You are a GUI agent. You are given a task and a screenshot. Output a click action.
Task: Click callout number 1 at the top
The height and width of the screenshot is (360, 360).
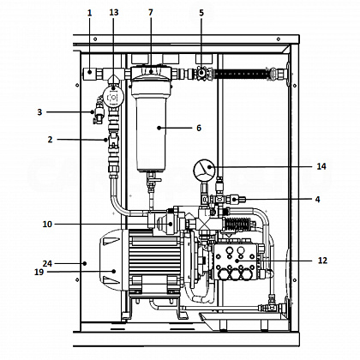pyautogui.click(x=90, y=13)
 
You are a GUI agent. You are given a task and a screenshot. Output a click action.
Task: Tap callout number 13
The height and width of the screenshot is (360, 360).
pyautogui.click(x=114, y=13)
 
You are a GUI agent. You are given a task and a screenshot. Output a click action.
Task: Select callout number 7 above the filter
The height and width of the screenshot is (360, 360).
pyautogui.click(x=151, y=13)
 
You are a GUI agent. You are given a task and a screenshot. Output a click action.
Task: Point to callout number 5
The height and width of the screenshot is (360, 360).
pyautogui.click(x=201, y=13)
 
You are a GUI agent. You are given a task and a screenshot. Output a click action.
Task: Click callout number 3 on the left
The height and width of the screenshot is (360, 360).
pyautogui.click(x=39, y=112)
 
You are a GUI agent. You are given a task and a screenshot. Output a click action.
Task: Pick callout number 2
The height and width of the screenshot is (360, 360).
pyautogui.click(x=51, y=140)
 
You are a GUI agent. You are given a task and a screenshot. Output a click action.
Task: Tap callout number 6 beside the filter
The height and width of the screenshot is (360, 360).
pyautogui.click(x=199, y=128)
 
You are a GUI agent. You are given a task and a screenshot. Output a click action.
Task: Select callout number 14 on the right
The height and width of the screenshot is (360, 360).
pyautogui.click(x=321, y=166)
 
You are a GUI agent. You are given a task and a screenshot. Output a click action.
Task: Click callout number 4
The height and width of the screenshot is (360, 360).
pyautogui.click(x=317, y=199)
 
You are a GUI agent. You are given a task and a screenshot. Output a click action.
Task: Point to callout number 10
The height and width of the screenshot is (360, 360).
pyautogui.click(x=47, y=225)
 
